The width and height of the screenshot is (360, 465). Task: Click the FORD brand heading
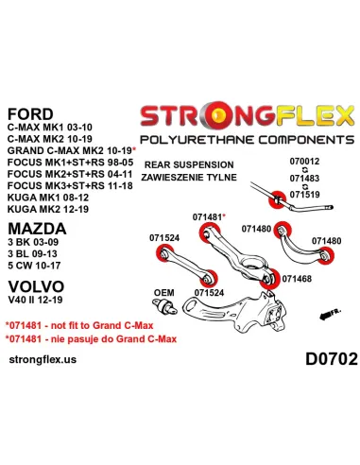click(x=30, y=114)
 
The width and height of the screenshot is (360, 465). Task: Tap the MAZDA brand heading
click(x=37, y=229)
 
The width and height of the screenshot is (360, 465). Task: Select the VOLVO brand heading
click(x=36, y=286)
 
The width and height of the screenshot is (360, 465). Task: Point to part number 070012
click(x=304, y=162)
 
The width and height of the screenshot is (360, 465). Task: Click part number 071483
click(x=304, y=178)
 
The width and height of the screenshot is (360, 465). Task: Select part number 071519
click(x=304, y=195)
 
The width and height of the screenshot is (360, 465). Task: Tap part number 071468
click(x=297, y=279)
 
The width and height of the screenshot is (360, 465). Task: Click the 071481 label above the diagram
click(x=207, y=217)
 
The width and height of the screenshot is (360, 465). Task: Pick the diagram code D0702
click(x=332, y=359)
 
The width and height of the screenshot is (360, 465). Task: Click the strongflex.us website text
click(x=43, y=359)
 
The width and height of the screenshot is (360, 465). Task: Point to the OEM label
click(x=163, y=293)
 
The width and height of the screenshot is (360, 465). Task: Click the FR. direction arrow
click(x=330, y=314)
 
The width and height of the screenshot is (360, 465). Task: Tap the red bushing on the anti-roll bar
click(x=278, y=199)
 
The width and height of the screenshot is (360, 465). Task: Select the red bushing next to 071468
click(x=269, y=279)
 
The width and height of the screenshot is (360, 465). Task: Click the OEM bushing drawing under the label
click(x=164, y=306)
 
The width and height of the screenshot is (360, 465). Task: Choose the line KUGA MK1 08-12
click(x=48, y=198)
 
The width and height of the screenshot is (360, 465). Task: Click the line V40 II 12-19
click(x=35, y=300)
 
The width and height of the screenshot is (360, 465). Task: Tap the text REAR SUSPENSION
click(x=189, y=164)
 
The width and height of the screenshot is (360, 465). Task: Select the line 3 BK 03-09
click(x=33, y=242)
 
